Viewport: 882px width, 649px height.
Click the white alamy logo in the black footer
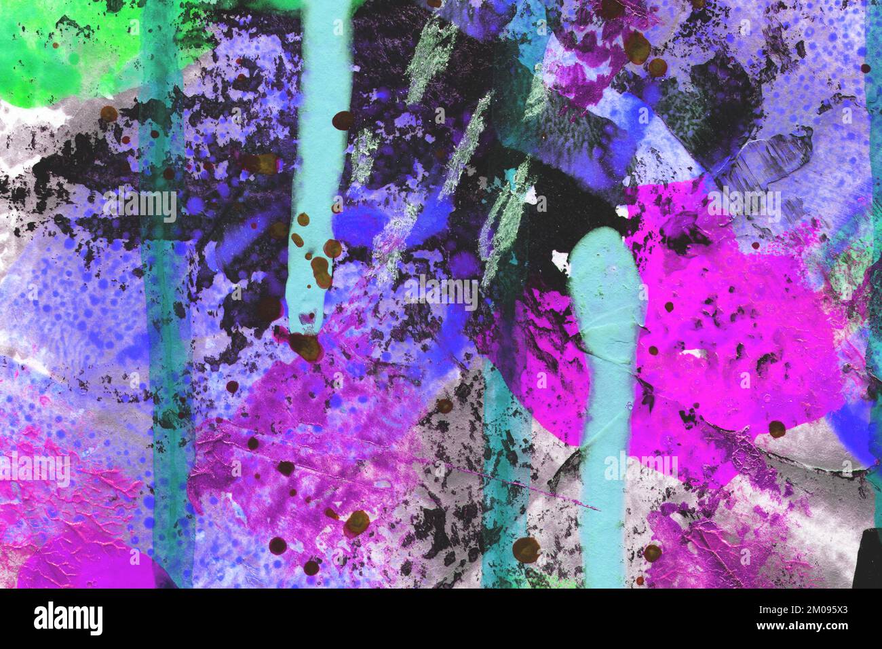click(68, 618)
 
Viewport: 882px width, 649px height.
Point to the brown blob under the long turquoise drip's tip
click(307, 347)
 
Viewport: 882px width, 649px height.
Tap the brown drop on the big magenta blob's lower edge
click(777, 428)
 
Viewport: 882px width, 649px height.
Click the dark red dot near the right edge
click(865, 69)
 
